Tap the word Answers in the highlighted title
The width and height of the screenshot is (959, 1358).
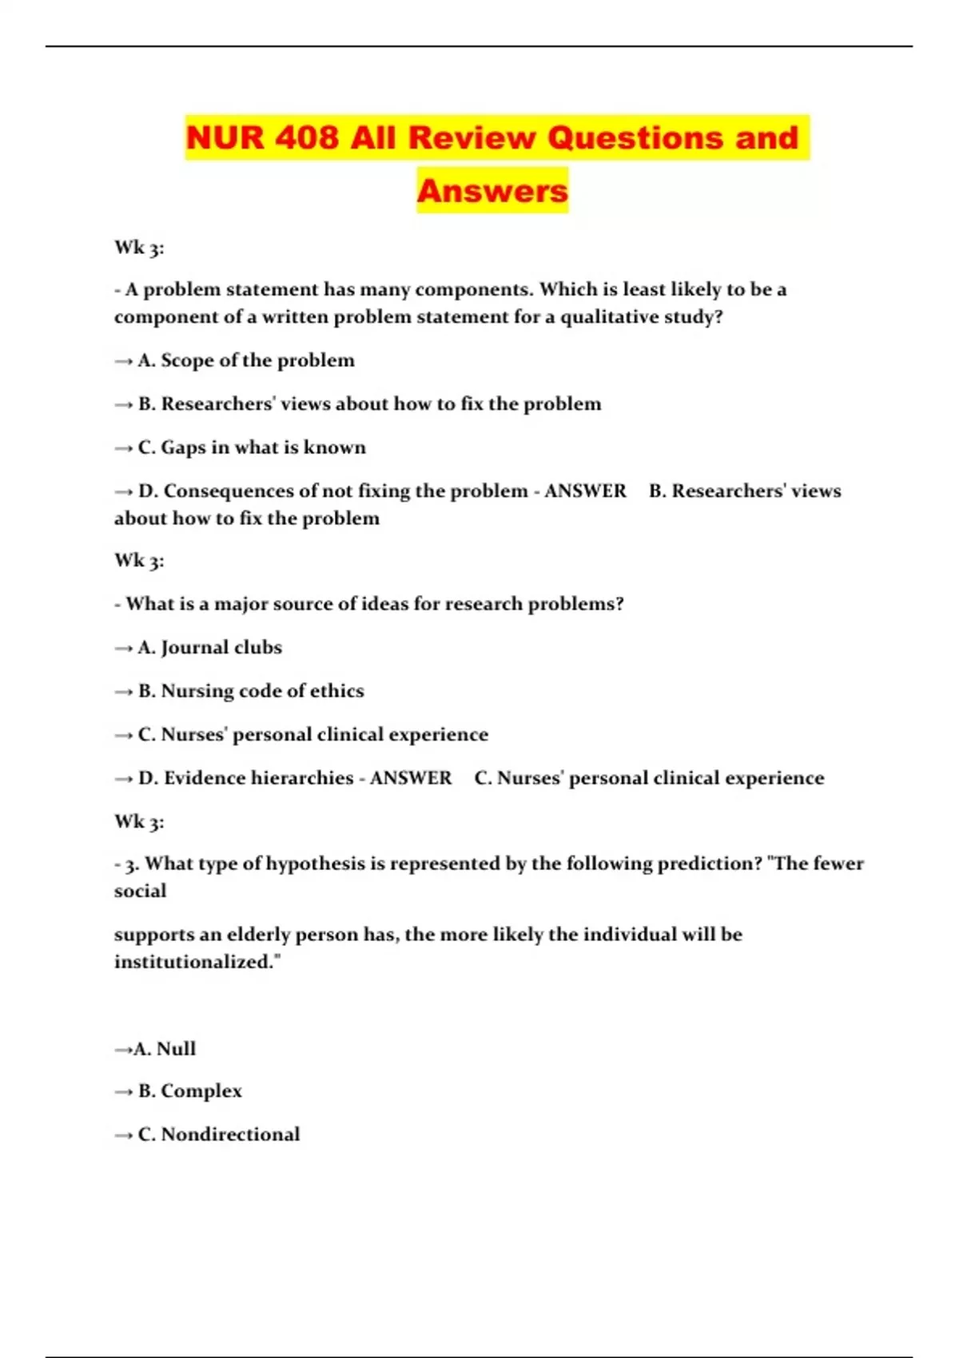[x=492, y=191]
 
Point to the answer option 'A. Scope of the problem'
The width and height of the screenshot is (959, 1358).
[x=246, y=360]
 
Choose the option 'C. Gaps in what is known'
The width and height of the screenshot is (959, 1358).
[x=252, y=447]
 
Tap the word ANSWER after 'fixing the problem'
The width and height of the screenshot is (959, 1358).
[x=585, y=490]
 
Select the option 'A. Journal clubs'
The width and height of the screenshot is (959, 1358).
[x=210, y=647]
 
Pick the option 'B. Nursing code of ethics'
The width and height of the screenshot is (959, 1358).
[x=251, y=691]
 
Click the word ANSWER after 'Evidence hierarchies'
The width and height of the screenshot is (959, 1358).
[x=411, y=778]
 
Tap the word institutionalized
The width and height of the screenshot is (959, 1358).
[x=197, y=962]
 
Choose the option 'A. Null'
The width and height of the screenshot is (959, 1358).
[x=165, y=1049]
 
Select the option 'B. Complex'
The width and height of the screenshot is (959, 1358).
[x=190, y=1091]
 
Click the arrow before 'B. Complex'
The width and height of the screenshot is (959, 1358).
[x=123, y=1092]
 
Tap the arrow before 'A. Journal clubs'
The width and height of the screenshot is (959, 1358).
[x=123, y=648]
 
